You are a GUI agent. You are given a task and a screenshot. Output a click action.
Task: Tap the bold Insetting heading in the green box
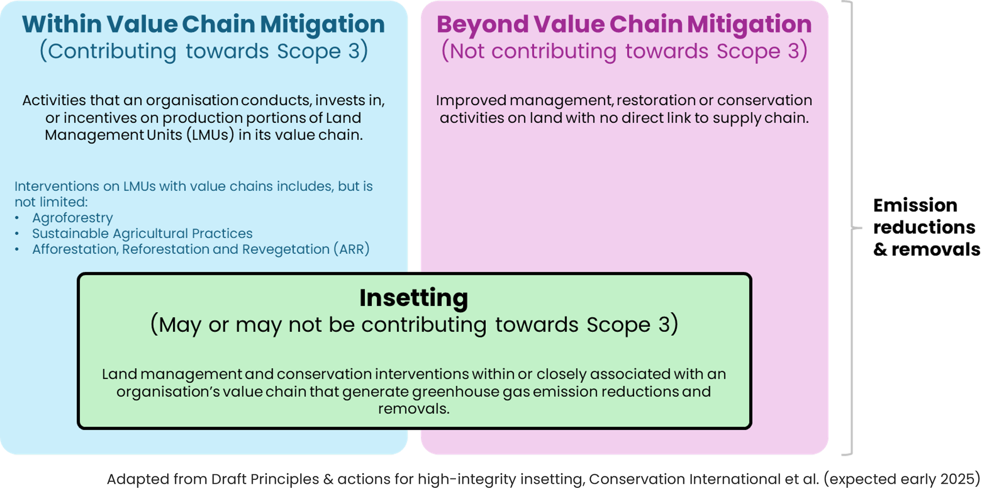click(x=413, y=298)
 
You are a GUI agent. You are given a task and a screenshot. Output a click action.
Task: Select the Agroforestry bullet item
click(x=72, y=218)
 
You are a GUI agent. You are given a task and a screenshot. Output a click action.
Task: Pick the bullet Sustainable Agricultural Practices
click(x=142, y=233)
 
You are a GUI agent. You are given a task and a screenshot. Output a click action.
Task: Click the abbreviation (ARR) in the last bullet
click(x=352, y=249)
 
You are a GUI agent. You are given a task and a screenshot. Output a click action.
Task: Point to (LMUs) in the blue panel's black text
click(x=210, y=135)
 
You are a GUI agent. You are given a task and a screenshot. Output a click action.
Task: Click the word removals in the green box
click(x=413, y=409)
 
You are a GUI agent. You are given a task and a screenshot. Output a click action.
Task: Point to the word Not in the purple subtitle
click(x=467, y=51)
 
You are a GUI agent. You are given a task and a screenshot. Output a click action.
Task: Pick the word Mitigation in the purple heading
click(x=749, y=24)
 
